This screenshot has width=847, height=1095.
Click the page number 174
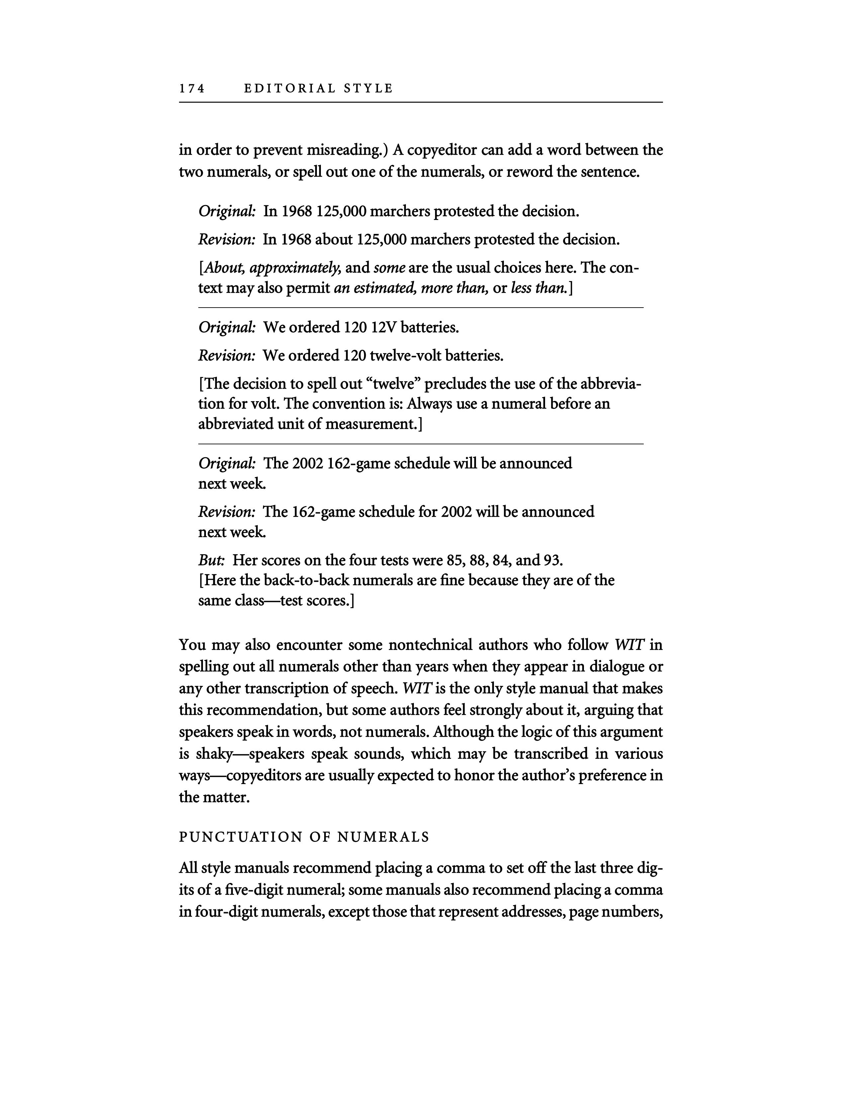click(192, 89)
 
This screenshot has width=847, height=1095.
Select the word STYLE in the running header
click(369, 89)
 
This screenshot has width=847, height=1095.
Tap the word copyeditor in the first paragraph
click(440, 150)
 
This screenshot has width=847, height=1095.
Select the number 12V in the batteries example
click(384, 328)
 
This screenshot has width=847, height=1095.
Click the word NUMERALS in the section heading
click(383, 837)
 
